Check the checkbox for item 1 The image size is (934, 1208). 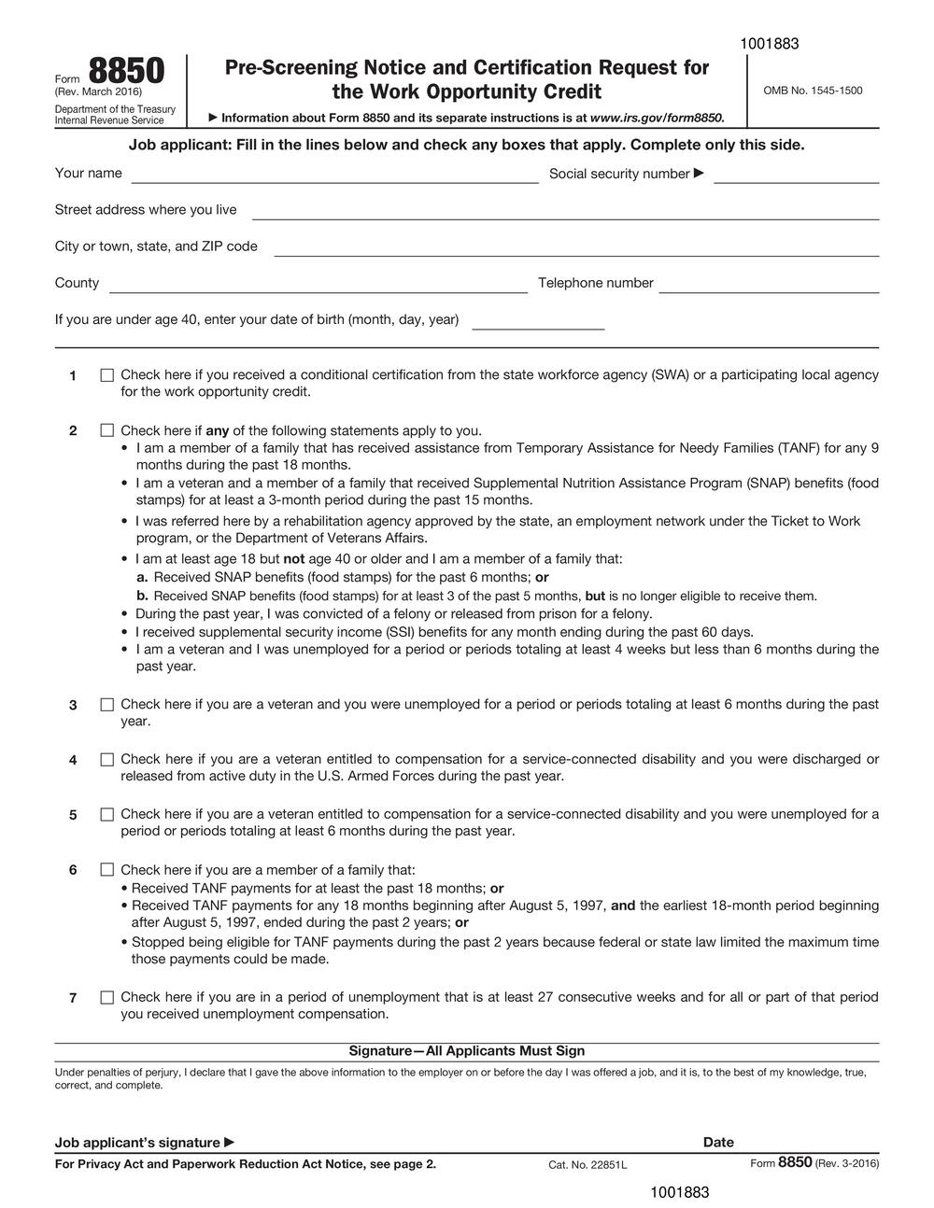tap(106, 375)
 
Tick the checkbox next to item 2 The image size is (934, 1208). tap(106, 430)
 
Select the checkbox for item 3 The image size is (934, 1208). tap(106, 705)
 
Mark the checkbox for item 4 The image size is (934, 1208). tap(106, 760)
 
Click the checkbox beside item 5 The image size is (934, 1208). tap(106, 814)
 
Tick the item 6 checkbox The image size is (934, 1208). tap(106, 870)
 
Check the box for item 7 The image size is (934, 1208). tap(106, 997)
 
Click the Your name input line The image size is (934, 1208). tap(334, 176)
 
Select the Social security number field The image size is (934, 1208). tap(796, 176)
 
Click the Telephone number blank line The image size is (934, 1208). tap(769, 285)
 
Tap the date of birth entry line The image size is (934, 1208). tap(538, 322)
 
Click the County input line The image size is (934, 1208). tap(318, 285)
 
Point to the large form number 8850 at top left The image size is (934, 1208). tap(126, 72)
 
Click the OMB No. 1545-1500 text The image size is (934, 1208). tap(813, 91)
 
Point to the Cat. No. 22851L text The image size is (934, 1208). tap(587, 1164)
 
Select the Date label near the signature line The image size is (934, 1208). tap(718, 1142)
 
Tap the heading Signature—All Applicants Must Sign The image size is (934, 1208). tap(467, 1051)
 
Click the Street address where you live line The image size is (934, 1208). tap(565, 212)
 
